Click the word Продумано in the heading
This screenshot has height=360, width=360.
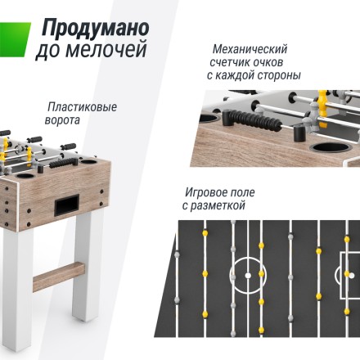tap(91, 28)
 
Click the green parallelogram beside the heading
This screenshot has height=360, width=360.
tap(15, 37)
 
